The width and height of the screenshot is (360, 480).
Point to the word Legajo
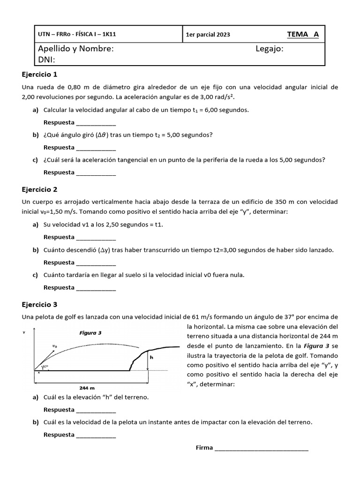click(x=270, y=49)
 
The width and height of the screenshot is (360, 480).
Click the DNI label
click(x=46, y=59)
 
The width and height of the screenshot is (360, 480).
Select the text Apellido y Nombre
click(x=75, y=49)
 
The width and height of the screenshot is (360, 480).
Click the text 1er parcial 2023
click(x=208, y=35)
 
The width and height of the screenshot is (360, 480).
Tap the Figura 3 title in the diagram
click(x=90, y=333)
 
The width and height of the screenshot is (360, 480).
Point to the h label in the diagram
click(x=151, y=357)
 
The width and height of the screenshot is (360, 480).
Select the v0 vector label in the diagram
click(x=55, y=346)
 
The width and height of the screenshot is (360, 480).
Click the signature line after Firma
click(x=261, y=448)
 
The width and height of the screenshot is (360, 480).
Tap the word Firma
click(x=204, y=448)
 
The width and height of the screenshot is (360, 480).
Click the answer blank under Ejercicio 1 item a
click(x=96, y=123)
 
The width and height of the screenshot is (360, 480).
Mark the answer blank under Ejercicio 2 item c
click(x=96, y=288)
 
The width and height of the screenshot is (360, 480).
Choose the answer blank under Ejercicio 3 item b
click(x=96, y=435)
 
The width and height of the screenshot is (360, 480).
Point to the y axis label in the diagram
click(x=24, y=332)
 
